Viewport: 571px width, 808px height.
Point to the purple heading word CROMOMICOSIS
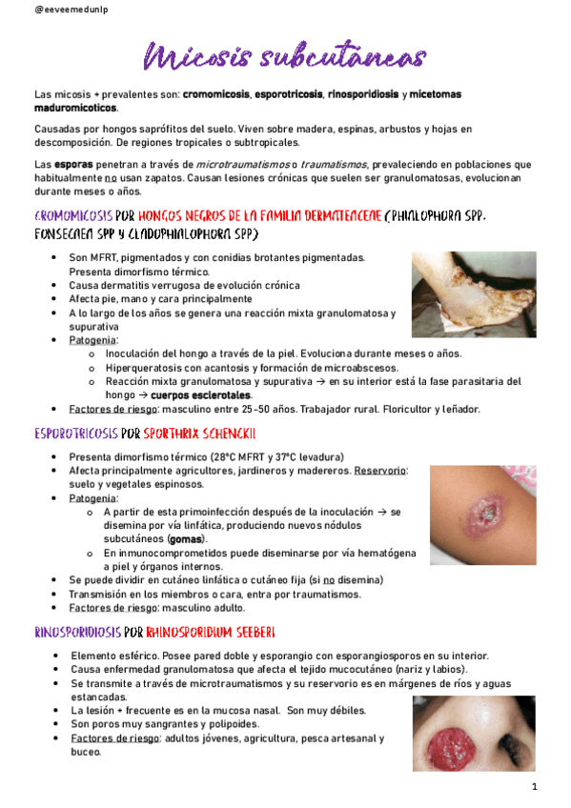click(x=72, y=215)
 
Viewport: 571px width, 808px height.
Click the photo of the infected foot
click(x=459, y=293)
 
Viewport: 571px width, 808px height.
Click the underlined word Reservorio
click(x=380, y=471)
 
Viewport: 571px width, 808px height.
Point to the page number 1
click(x=536, y=787)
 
